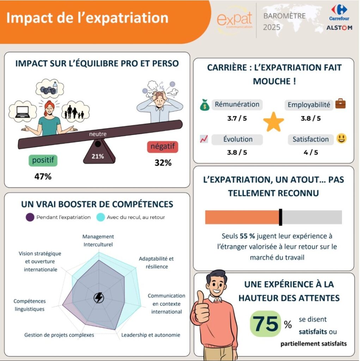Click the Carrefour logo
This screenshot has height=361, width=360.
pos(339,12)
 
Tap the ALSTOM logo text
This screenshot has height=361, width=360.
pos(339,28)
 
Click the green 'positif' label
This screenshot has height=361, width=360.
pos(43,160)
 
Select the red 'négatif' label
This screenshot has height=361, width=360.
pos(163,146)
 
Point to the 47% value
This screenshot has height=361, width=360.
pos(43,176)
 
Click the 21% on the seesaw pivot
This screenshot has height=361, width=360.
pos(98,156)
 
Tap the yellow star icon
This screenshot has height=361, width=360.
pos(274,122)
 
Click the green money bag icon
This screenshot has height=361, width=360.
pos(205,105)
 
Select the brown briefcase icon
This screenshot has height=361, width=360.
pos(340,104)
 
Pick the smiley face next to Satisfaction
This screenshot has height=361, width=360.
pos(341,139)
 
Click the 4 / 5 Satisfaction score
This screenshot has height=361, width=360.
pos(311,152)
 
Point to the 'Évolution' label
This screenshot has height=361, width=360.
pos(238,139)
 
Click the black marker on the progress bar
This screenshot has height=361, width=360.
pos(280,217)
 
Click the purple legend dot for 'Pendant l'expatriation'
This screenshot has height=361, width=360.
pos(30,217)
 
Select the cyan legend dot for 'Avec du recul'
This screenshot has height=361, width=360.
pos(100,217)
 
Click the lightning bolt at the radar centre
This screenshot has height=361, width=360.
pos(99,298)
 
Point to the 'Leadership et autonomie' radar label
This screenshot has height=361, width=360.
pos(151,335)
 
